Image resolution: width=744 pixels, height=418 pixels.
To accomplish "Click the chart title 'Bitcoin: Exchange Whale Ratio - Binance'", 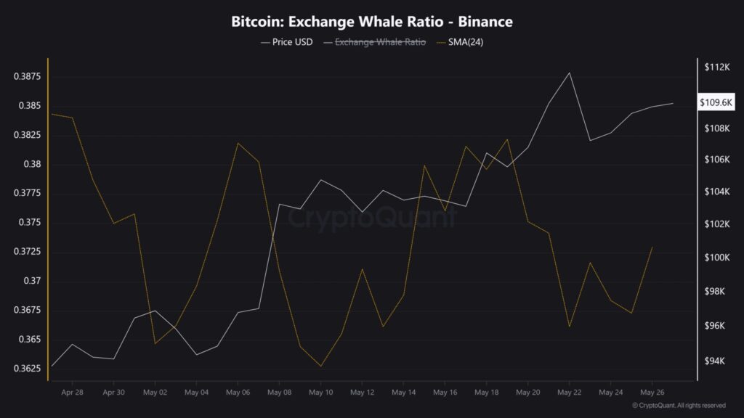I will point(372,22).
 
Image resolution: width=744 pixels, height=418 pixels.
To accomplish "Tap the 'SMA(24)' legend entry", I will point(461,42).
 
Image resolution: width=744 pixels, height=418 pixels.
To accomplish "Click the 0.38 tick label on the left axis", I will point(32,165).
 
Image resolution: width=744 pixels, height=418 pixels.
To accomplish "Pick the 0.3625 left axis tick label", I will point(27,369).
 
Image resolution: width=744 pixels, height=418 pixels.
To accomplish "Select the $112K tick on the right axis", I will point(716,67).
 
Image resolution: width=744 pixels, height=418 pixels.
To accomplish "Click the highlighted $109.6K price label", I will point(716,103).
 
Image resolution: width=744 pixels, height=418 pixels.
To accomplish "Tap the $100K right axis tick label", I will point(716,258).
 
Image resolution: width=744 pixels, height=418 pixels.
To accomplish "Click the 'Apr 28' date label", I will point(73,392).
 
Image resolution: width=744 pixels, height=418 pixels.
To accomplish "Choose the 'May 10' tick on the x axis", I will point(321,392).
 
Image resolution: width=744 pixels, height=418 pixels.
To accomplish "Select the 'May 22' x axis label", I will point(569,392).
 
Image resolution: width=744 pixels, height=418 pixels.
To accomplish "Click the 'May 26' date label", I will point(652,392).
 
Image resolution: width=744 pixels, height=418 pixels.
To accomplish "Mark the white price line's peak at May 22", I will point(569,73).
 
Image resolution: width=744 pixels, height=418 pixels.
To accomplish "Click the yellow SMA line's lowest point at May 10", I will point(321,366).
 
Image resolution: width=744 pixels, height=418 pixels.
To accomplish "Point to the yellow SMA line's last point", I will point(652,247).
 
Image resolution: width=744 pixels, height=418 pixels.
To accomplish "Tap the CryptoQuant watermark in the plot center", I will point(372,216).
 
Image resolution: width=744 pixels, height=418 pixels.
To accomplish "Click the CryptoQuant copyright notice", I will point(679,406).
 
